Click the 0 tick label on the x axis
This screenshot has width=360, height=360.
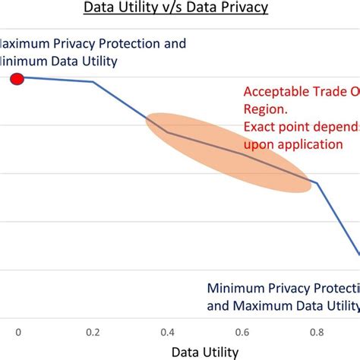[x=17, y=331]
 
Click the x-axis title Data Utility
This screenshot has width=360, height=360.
[x=204, y=352]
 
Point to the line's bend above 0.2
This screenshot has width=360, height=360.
[x=93, y=82]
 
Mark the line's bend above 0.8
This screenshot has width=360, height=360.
[x=317, y=183]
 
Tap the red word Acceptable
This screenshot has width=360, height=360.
[x=278, y=92]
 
